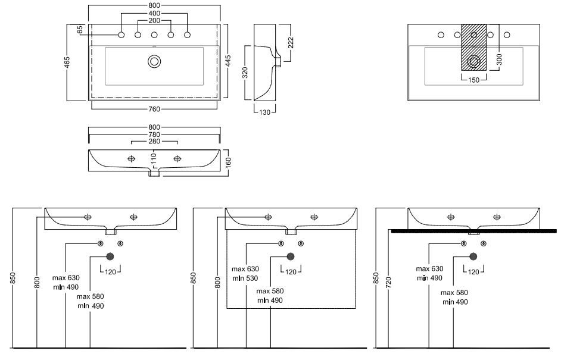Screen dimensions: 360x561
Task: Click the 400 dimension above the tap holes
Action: [x=154, y=13]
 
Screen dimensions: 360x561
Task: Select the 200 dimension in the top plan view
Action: [x=154, y=21]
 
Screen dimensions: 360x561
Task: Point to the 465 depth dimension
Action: [x=67, y=62]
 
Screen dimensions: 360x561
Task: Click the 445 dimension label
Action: [x=228, y=62]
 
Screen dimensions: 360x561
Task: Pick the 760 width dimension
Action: [x=154, y=109]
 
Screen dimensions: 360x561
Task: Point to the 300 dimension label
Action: [x=500, y=59]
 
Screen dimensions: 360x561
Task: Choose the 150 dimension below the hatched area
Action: [x=474, y=80]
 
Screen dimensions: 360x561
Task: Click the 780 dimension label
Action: [x=154, y=134]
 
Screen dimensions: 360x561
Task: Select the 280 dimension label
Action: [x=154, y=142]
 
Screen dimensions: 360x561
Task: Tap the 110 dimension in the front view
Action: [x=153, y=159]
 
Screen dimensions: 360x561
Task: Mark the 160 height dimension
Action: [x=228, y=161]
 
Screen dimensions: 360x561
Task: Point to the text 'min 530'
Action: [x=245, y=278]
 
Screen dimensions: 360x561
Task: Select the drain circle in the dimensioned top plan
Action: [x=155, y=61]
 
